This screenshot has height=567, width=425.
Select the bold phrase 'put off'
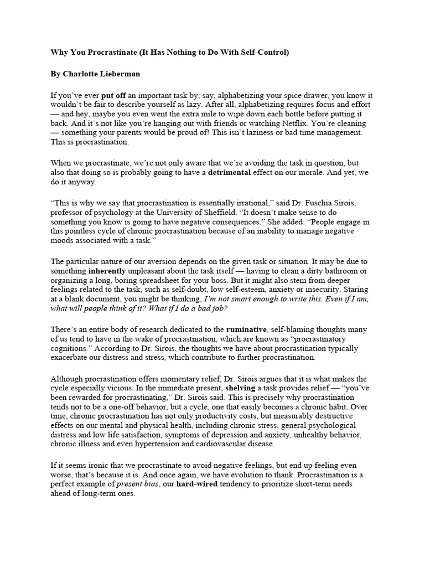pos(115,95)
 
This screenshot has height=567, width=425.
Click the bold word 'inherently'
pos(108,271)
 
